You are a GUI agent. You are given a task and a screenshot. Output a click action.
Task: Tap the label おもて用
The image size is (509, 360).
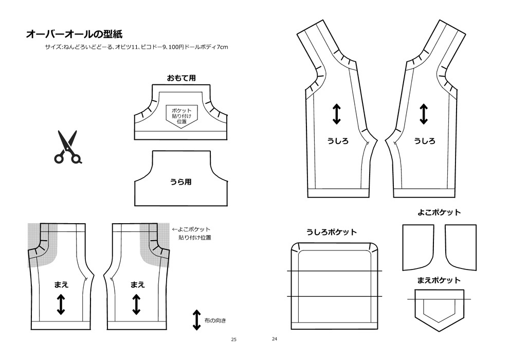click(x=180, y=78)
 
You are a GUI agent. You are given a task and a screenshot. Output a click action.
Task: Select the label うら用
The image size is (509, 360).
click(x=180, y=182)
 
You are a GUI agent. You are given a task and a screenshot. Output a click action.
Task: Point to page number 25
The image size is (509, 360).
click(x=234, y=339)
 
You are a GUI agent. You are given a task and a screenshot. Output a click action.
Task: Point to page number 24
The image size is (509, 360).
click(x=274, y=339)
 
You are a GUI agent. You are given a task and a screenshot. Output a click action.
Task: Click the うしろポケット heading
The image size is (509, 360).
click(x=331, y=232)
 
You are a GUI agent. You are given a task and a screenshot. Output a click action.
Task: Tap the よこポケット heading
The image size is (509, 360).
click(x=439, y=212)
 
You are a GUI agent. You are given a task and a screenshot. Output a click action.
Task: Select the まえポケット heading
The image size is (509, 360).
click(x=439, y=280)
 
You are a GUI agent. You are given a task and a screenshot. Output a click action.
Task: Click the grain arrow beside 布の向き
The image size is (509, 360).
click(x=196, y=320)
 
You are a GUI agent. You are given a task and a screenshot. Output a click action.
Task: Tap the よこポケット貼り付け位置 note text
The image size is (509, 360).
click(x=194, y=233)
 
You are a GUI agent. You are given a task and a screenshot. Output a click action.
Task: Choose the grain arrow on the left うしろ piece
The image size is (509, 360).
click(x=337, y=114)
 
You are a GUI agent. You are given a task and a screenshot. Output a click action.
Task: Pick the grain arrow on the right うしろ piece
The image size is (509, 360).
click(x=424, y=114)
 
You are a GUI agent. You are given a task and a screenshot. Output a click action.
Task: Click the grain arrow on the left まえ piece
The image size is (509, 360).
click(x=61, y=304)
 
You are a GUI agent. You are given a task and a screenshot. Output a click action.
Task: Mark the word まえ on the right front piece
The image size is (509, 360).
click(x=137, y=284)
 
